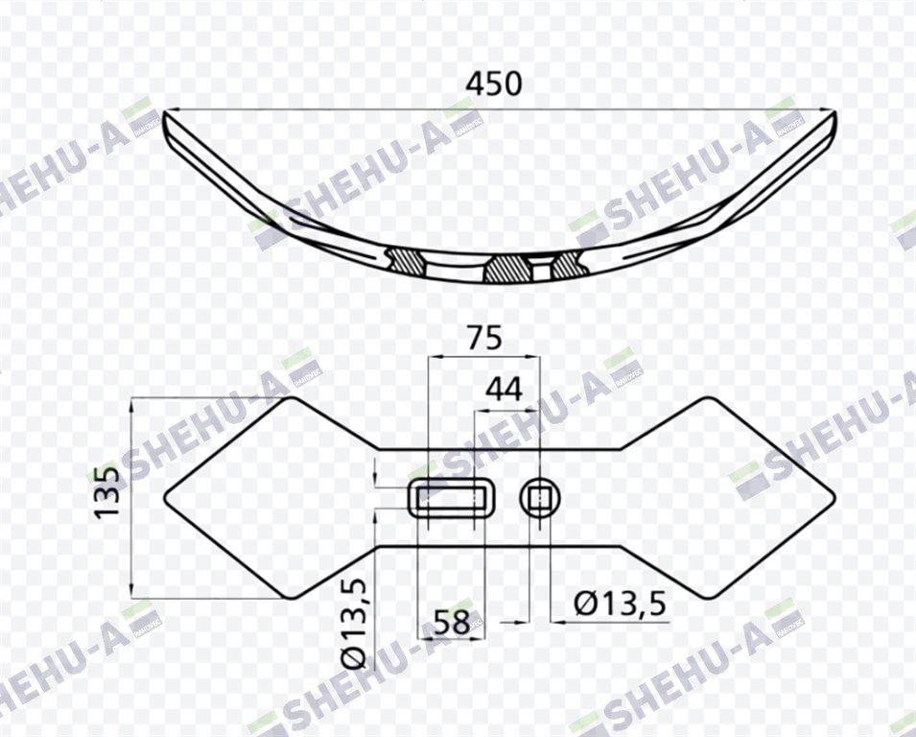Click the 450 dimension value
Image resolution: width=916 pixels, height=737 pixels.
[494, 83]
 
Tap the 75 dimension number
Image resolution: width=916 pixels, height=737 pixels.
[483, 338]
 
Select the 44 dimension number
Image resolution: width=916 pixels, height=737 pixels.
[505, 390]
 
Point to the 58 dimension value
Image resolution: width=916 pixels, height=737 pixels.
[452, 623]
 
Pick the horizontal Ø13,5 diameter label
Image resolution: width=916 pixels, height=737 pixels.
[620, 604]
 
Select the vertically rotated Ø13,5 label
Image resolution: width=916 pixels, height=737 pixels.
[355, 624]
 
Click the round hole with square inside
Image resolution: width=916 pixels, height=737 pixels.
[540, 497]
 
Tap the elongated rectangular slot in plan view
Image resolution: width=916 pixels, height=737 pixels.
[452, 497]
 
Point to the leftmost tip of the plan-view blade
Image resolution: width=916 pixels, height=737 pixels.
[165, 497]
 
